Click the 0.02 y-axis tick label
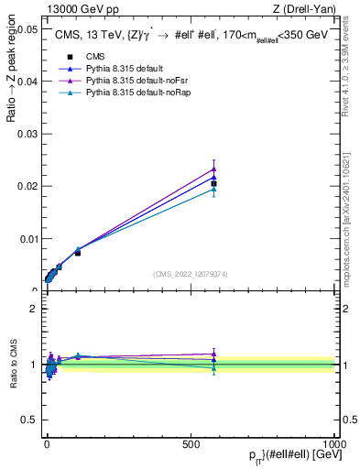(27, 186)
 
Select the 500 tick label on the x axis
(191, 442)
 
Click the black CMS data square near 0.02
(213, 183)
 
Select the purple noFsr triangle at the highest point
(213, 168)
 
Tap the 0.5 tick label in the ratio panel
(31, 420)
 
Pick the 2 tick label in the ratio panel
(35, 308)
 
